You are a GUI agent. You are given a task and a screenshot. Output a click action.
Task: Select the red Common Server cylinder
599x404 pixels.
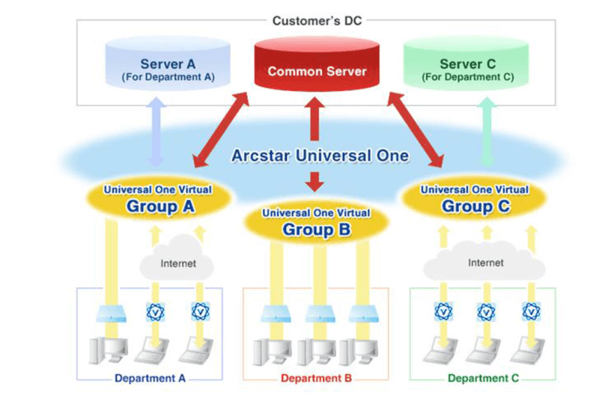point(317,67)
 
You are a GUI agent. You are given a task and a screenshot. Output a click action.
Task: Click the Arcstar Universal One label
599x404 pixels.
point(320,156)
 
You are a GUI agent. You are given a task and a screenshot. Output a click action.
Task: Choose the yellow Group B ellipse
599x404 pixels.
point(315,223)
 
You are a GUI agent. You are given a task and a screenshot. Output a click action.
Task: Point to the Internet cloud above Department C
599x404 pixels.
point(485,263)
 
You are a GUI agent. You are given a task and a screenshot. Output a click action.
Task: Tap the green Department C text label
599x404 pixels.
point(483,379)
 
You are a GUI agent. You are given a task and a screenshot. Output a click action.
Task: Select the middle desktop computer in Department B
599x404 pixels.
point(315,352)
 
